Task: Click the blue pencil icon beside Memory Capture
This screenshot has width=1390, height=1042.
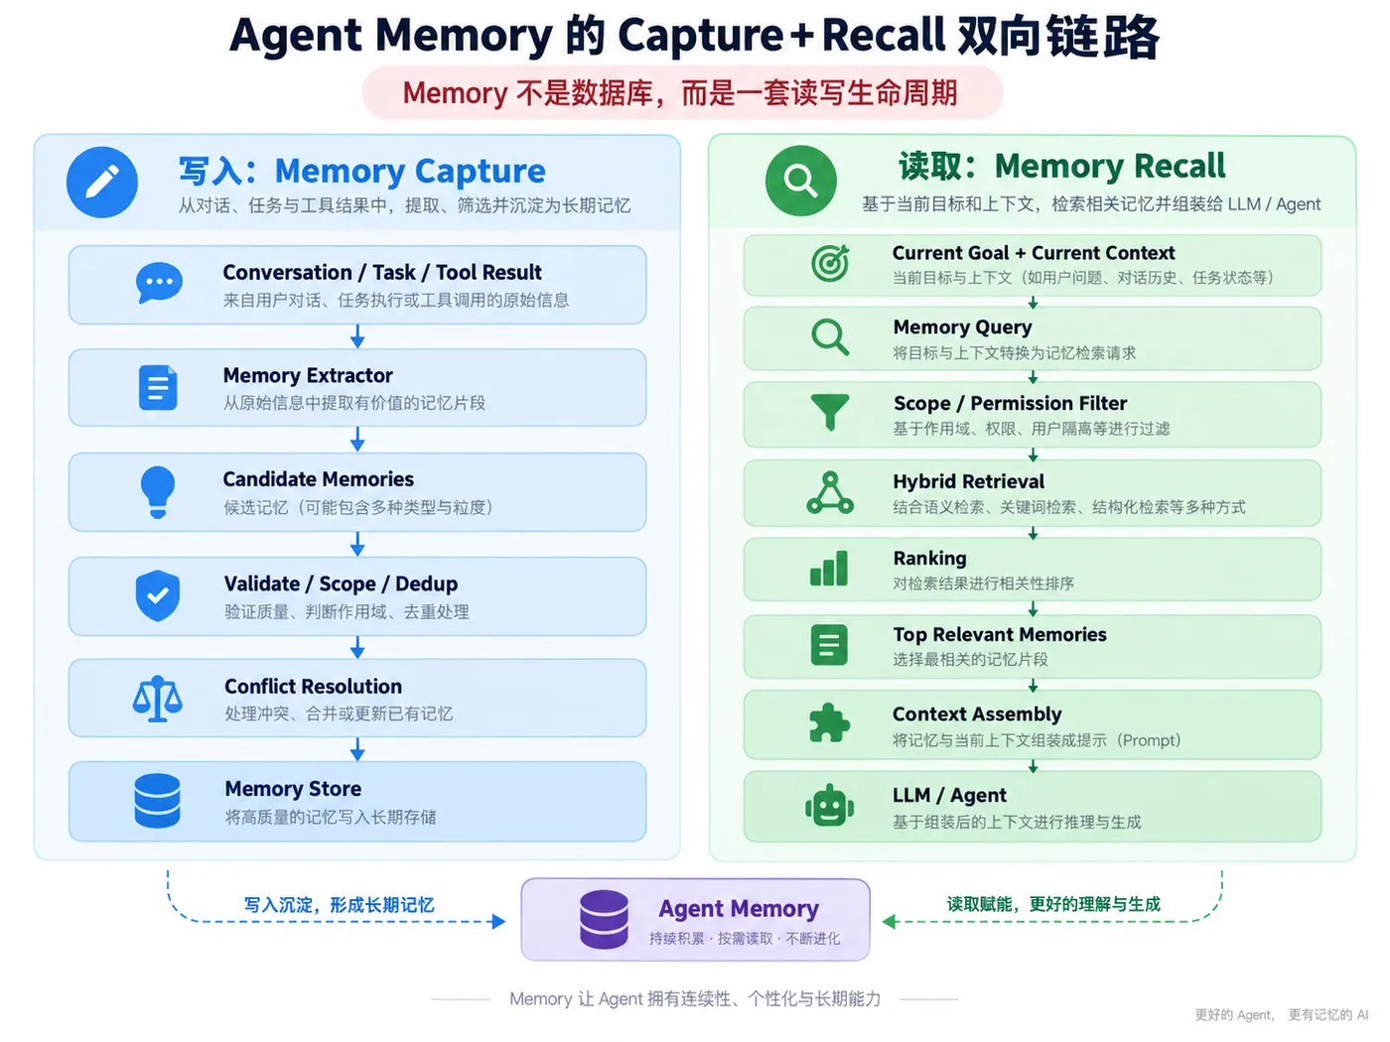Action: pos(102,183)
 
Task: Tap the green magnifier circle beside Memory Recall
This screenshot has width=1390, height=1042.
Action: pos(800,181)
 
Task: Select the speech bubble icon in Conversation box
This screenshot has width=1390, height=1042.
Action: pos(159,283)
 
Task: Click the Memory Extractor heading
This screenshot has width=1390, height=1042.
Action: pos(308,375)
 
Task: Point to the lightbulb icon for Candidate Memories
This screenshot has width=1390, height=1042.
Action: pos(158,492)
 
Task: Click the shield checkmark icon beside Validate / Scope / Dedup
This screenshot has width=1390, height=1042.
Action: pos(158,595)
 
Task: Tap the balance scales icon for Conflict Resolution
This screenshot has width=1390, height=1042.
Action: pos(158,699)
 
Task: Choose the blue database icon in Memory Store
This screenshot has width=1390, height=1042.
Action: pos(157,800)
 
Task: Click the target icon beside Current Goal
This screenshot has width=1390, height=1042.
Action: pos(830,263)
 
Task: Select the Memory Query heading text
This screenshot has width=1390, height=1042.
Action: pos(962,327)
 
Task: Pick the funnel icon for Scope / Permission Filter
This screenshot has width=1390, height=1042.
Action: pos(830,412)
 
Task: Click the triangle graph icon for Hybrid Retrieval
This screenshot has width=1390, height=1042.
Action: pos(830,492)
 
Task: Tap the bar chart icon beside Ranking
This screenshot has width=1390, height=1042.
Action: pos(829,568)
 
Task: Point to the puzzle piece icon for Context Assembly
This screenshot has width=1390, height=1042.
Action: pos(830,722)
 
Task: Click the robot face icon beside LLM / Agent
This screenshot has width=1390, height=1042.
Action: pos(830,806)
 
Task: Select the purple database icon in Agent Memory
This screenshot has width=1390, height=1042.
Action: pos(604,919)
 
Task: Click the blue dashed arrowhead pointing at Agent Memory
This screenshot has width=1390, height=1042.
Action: pos(499,921)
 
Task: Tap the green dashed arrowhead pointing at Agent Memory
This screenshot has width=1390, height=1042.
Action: pos(889,921)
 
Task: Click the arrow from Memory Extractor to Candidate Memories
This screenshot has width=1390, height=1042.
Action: pos(357,439)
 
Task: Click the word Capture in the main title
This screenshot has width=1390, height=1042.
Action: pos(700,36)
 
